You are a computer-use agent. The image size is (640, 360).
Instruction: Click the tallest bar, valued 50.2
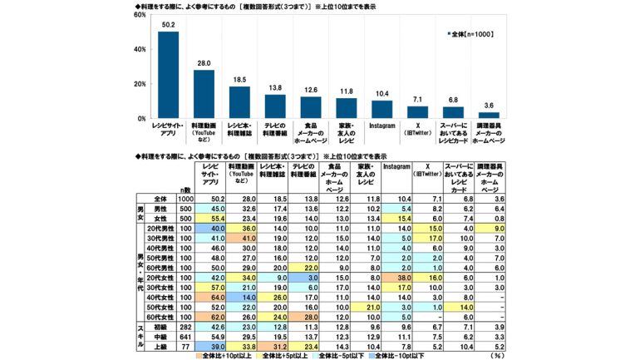click(168, 75)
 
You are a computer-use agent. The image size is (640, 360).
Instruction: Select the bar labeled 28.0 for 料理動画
click(204, 94)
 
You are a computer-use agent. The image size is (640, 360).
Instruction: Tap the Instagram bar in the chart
click(382, 109)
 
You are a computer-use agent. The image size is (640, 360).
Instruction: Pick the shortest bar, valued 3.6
click(489, 115)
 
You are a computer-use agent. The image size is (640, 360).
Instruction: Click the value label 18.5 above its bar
click(239, 78)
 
